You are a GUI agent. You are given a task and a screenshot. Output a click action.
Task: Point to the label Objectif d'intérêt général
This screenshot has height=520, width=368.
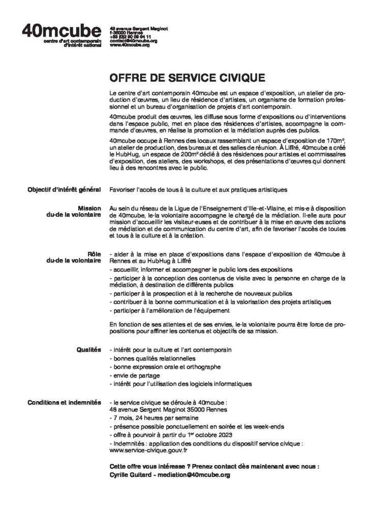click(66, 190)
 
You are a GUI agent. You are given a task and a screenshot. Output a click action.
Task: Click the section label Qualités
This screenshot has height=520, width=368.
click(89, 350)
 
